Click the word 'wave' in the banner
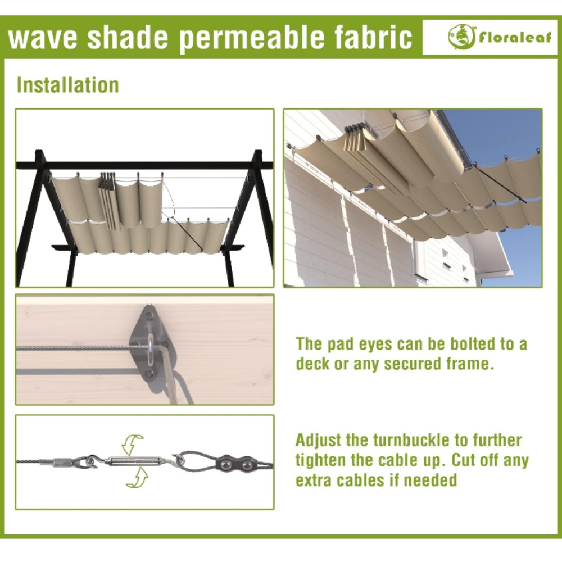pos(43,37)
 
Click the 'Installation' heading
pos(68,85)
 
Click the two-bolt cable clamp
pos(235,465)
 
